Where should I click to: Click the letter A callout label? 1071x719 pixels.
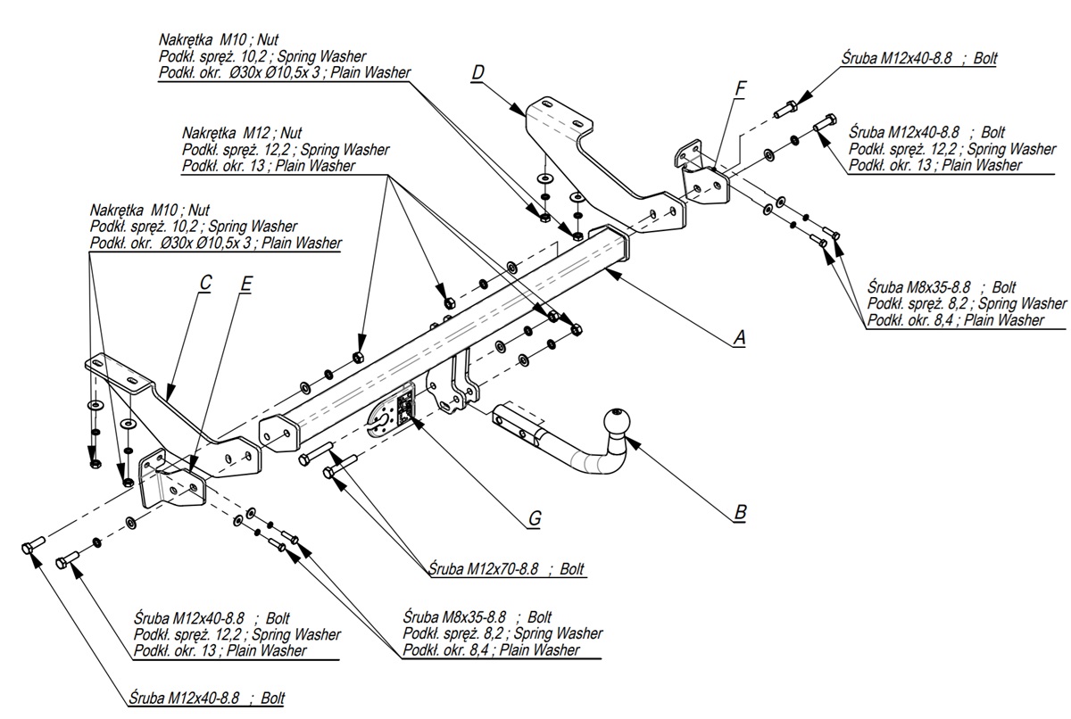[x=739, y=337]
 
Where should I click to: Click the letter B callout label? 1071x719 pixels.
[x=740, y=512]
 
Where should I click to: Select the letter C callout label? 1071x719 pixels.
[x=205, y=283]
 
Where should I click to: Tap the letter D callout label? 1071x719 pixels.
[x=477, y=72]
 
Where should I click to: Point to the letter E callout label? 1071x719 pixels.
[x=245, y=284]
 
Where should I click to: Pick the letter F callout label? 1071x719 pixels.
[x=740, y=89]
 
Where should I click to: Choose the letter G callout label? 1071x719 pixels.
[x=535, y=518]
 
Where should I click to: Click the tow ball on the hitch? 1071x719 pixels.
[x=618, y=423]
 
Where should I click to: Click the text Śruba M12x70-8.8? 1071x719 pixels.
[x=484, y=568]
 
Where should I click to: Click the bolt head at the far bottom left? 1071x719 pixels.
[x=28, y=549]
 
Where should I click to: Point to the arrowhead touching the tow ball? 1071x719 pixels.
[x=633, y=443]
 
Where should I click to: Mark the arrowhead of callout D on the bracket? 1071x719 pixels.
[x=518, y=111]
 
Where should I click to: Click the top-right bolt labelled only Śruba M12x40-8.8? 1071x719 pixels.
[x=785, y=109]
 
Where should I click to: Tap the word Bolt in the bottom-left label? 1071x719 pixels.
[x=272, y=698]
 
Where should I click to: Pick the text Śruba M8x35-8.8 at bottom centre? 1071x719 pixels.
[x=454, y=616]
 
